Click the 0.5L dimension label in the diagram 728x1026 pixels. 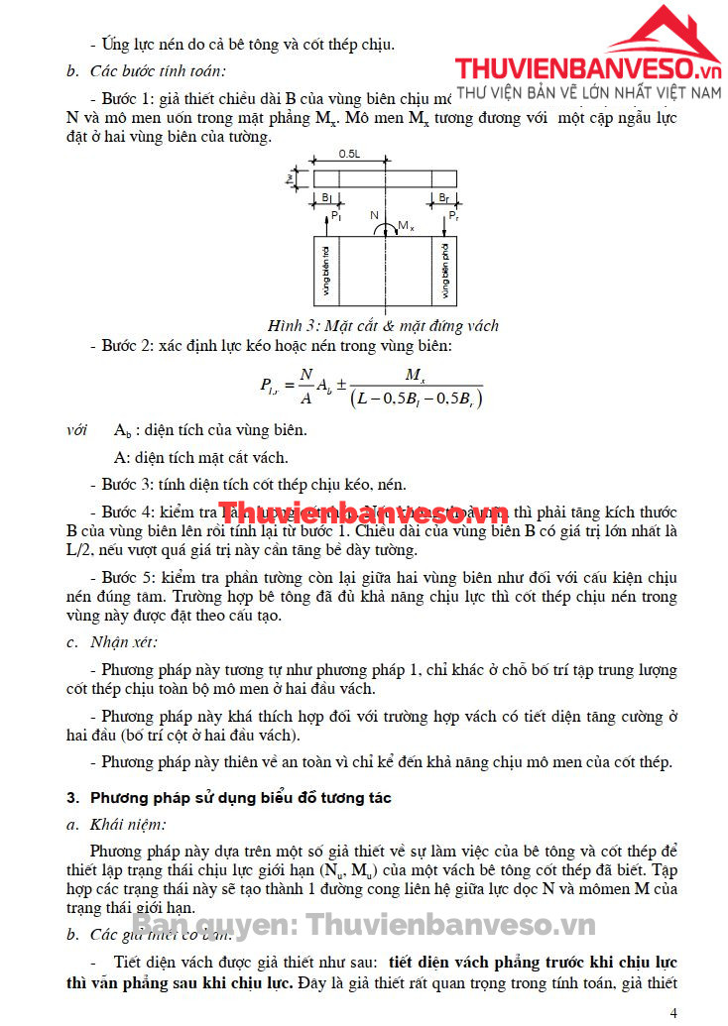348,155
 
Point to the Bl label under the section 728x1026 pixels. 326,198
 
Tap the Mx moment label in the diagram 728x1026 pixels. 405,227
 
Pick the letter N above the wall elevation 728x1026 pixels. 374,215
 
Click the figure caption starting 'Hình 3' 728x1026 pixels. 383,326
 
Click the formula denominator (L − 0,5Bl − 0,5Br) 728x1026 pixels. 416,399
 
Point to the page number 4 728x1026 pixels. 674,1013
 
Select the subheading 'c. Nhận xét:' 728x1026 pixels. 107,641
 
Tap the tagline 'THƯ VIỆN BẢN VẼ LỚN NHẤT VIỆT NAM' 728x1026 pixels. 588,92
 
